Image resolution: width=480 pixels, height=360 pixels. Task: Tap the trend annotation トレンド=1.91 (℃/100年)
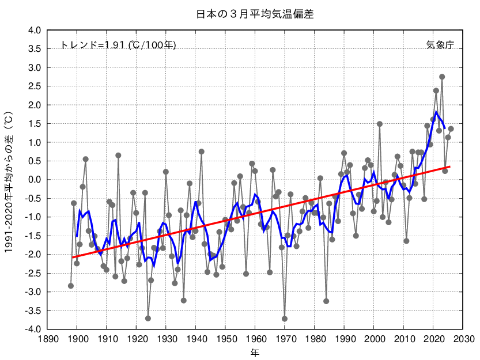coord(119,45)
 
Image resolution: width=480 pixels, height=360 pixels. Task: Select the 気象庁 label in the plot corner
coord(440,45)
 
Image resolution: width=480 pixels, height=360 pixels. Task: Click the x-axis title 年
coord(254,352)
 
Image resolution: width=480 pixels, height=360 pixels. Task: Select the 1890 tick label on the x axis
coord(47,339)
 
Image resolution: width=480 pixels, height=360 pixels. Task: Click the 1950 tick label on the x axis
coord(225,339)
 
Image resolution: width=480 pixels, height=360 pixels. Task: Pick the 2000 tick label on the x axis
coord(374,339)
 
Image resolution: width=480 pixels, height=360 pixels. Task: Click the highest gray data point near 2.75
coord(442,77)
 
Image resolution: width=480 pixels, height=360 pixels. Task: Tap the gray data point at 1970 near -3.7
coord(285,319)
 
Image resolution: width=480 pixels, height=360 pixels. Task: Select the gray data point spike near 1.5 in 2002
coord(380,124)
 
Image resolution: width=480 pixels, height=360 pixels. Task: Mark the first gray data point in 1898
coord(71,286)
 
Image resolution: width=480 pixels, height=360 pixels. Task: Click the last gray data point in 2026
coord(451,129)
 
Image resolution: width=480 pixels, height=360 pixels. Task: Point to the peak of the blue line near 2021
coord(436,112)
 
